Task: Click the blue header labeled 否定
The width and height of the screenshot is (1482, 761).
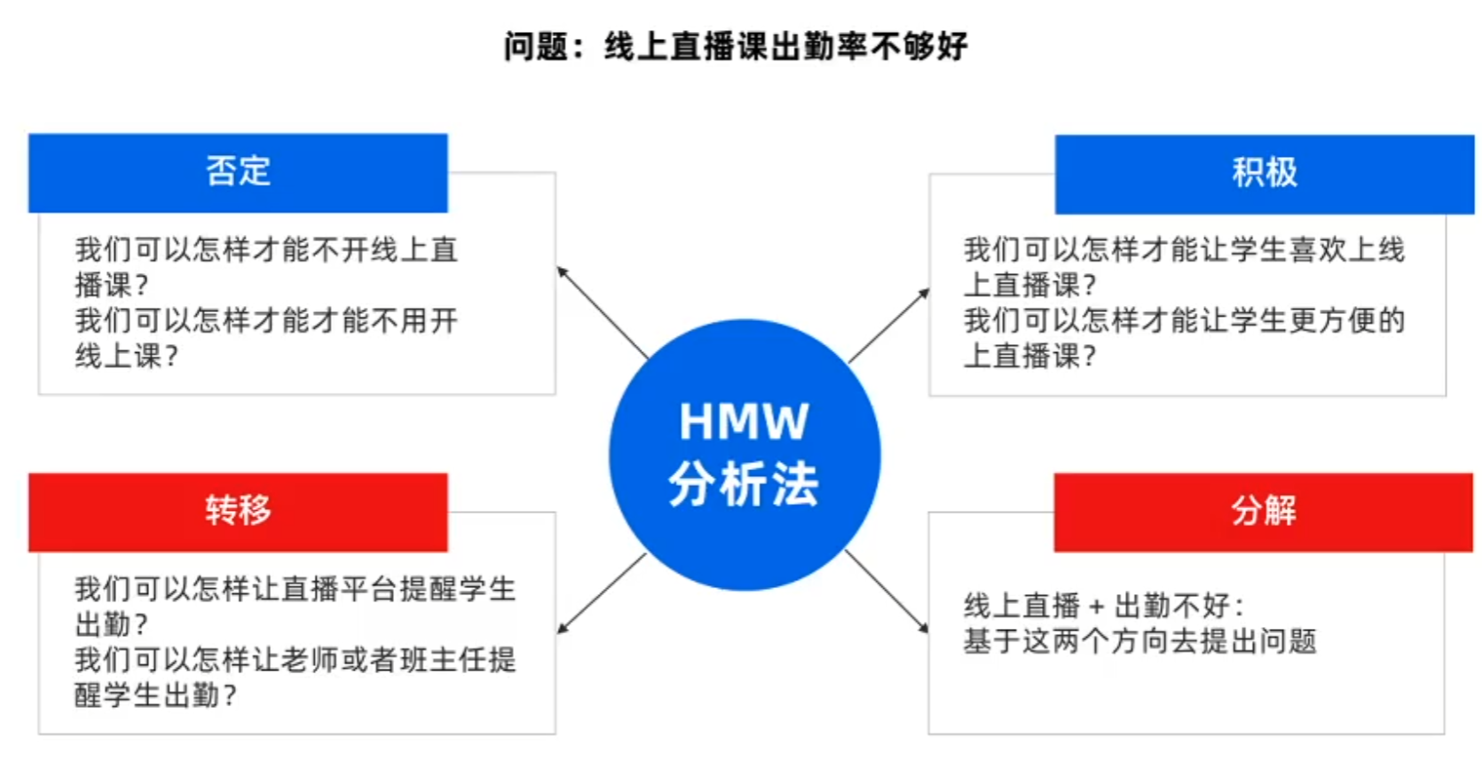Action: [x=238, y=172]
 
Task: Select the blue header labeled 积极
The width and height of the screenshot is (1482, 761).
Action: [x=1264, y=174]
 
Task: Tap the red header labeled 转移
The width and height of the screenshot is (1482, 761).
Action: [x=238, y=512]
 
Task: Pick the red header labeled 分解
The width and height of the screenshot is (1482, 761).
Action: [x=1263, y=512]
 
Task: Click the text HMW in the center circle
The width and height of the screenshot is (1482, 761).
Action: [x=744, y=422]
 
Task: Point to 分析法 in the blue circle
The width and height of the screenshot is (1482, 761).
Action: [x=744, y=484]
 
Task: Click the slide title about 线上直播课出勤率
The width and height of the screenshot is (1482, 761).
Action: [x=736, y=46]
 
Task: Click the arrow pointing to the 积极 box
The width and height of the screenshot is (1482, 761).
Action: [x=888, y=326]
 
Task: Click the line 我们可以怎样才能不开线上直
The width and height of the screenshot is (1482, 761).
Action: [x=266, y=250]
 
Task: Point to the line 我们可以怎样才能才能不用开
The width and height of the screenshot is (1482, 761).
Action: [x=266, y=320]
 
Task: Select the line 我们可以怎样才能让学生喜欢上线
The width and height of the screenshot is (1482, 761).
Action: [x=1184, y=250]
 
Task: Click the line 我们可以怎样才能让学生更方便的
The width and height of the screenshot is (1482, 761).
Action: [x=1184, y=320]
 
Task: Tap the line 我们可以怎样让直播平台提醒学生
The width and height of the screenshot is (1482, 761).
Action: [x=295, y=589]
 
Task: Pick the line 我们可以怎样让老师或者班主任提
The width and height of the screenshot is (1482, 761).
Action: [x=295, y=660]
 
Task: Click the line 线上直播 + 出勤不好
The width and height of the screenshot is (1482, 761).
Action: [x=1104, y=607]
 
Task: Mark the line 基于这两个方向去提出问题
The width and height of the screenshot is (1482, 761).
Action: [x=1139, y=641]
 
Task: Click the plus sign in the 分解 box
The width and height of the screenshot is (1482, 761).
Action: [x=1097, y=608]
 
